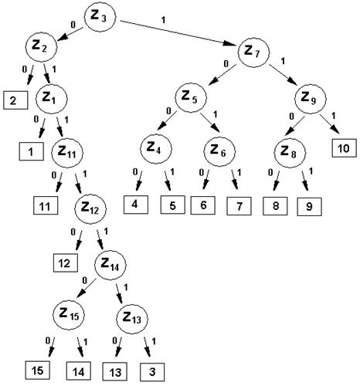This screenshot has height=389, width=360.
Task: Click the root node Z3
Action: point(100,17)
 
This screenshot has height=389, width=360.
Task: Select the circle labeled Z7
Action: point(253,52)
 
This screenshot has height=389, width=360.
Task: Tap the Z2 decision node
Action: point(41,47)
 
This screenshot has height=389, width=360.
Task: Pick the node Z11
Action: point(67,152)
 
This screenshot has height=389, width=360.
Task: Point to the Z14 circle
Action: point(110,265)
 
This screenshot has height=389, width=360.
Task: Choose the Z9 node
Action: point(311,99)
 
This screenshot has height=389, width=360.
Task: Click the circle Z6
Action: point(219,151)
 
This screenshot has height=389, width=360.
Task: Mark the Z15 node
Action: point(69,314)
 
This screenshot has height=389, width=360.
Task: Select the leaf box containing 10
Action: point(344,148)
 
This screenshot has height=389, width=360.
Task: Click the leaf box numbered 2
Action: point(15,100)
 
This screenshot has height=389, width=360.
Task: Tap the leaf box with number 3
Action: point(152,372)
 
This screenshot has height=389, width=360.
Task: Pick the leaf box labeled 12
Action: point(66,263)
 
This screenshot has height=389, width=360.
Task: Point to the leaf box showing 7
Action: point(239,206)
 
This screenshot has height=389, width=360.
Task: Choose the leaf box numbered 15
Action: point(38,370)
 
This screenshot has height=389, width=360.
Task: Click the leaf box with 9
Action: point(309,207)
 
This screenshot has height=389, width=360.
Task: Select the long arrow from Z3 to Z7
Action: point(178,33)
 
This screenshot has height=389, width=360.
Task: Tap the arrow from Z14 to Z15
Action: point(87,288)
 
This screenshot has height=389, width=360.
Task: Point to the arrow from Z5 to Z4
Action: point(167,120)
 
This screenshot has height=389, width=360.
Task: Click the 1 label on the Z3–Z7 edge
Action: point(163,20)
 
